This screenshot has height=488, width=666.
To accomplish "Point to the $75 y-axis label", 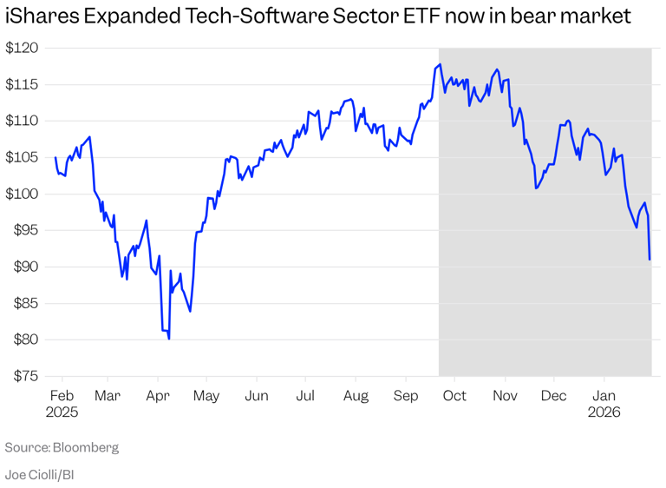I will [22, 376].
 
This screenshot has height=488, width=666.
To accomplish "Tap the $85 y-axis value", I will [22, 303].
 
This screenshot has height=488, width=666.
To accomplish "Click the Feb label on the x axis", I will [57, 396].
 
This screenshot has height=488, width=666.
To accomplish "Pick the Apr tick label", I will [158, 396].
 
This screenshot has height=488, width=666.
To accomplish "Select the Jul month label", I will [305, 396].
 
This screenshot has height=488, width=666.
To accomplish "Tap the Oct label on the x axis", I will [454, 396].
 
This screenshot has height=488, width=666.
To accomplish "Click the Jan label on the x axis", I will [604, 396].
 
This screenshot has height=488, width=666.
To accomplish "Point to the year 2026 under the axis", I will [604, 413].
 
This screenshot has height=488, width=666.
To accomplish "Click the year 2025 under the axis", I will [61, 413].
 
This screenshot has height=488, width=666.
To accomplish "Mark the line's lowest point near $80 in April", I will [168, 339].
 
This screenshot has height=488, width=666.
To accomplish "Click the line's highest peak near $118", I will [440, 64].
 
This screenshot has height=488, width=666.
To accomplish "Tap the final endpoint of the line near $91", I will [650, 259].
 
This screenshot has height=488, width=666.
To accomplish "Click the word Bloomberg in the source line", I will [86, 448].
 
